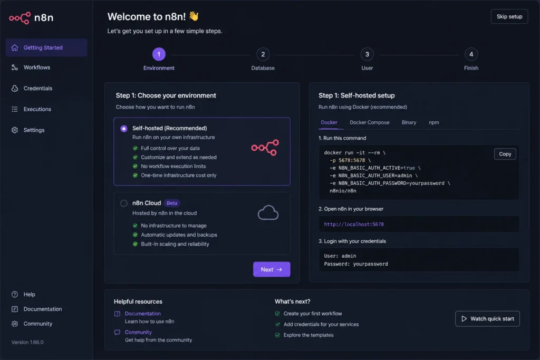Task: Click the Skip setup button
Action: point(509,16)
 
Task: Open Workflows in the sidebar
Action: point(36,67)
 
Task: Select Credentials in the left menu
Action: point(37,89)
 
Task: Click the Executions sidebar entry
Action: point(37,109)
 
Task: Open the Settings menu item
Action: point(34,130)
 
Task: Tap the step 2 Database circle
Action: point(263,54)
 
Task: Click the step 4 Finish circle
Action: point(471,54)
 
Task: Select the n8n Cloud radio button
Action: point(123,203)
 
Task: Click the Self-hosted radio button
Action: point(123,129)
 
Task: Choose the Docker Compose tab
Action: point(369,122)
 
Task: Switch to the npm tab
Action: point(433,122)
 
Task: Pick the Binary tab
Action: point(409,122)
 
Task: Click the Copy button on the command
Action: point(505,154)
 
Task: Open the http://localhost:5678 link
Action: point(354,224)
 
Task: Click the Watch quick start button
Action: point(487,319)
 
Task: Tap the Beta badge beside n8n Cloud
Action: point(172,203)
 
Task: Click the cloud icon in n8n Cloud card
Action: point(268,212)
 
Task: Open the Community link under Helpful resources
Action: point(138,332)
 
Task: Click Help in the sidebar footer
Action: point(30,294)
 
